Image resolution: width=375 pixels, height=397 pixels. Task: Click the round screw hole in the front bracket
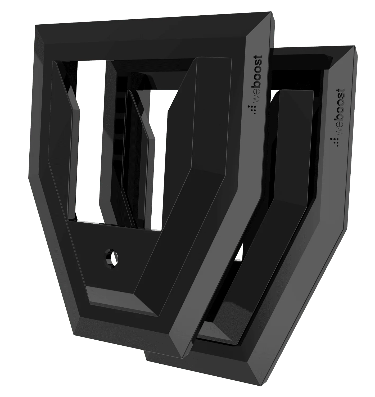pyautogui.click(x=111, y=256)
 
